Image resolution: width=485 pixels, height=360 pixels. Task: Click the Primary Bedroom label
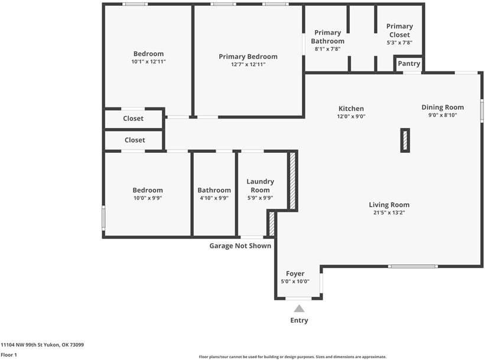pos(248,57)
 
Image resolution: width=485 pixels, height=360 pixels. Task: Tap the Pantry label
pos(409,64)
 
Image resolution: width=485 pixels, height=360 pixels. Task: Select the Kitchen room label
pos(351,109)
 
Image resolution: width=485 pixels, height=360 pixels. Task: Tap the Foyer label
pos(295,274)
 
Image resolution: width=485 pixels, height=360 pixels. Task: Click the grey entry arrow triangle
pos(300,308)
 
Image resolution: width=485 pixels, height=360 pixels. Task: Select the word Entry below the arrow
pos(299,320)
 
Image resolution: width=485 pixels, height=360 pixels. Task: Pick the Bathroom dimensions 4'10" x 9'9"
pos(214,198)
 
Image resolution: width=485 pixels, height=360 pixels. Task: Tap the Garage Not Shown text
pos(240,246)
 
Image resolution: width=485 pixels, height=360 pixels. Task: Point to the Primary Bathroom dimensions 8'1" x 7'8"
pos(327,49)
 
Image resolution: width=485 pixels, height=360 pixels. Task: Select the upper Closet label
pos(134,119)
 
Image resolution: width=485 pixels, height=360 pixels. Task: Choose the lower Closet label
pos(135,140)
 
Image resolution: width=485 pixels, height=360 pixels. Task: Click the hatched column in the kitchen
pos(405,140)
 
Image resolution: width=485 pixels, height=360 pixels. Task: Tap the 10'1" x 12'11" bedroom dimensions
pos(148,61)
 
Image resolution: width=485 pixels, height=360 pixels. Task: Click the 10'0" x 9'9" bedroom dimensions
pos(147,198)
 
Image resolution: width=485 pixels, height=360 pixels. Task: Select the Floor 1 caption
pos(9,355)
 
